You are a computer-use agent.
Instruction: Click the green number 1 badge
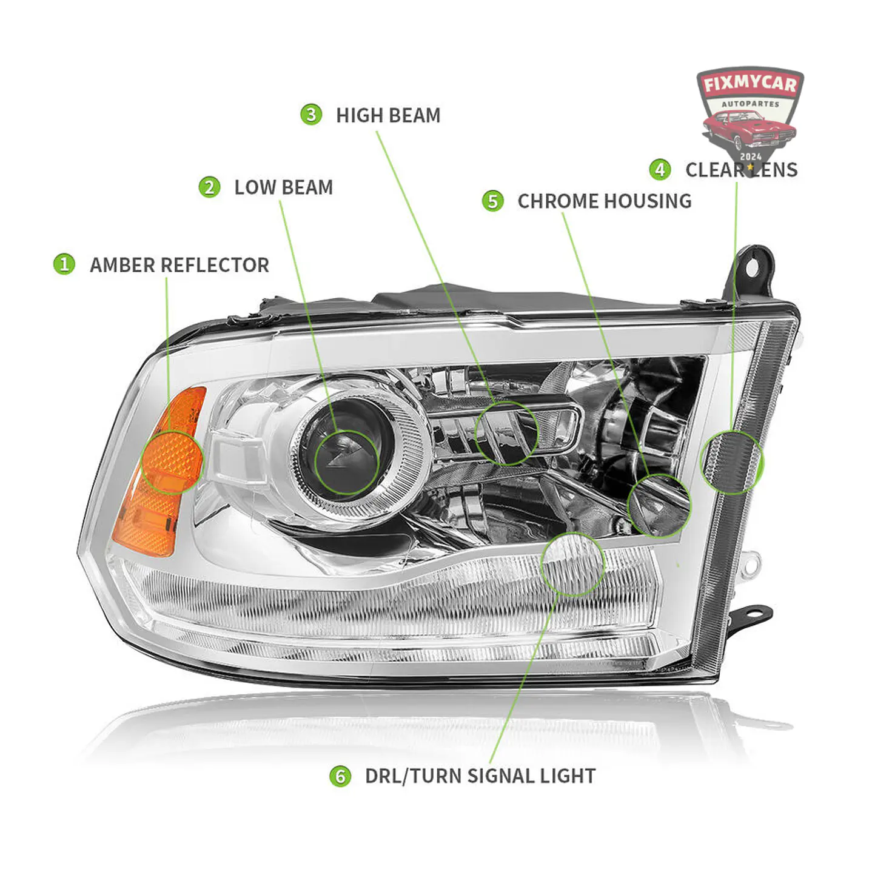(x=64, y=264)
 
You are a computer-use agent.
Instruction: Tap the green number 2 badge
(x=210, y=187)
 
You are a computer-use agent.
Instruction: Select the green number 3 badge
(x=311, y=115)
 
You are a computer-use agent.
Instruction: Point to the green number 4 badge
(x=660, y=170)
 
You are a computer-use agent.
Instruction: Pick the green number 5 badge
(x=493, y=201)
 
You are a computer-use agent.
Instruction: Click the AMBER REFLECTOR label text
(x=179, y=265)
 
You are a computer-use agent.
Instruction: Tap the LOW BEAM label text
(x=284, y=187)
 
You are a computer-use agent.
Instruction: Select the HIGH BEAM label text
(x=388, y=115)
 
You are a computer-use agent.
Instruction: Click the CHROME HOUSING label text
(x=605, y=201)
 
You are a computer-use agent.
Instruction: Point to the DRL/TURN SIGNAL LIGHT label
(x=480, y=776)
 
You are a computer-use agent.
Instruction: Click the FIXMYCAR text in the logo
(x=750, y=85)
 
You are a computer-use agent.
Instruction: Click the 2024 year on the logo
(x=751, y=156)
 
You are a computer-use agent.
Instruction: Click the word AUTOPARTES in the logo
(x=750, y=104)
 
